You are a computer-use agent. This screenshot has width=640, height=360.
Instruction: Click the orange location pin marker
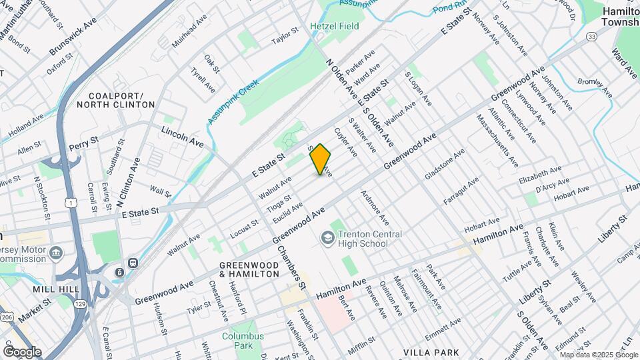[321, 159]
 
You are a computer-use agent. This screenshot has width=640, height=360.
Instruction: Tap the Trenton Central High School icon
[327, 237]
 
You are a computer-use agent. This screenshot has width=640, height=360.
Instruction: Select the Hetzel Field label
[335, 26]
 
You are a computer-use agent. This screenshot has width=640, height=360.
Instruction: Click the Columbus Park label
[239, 341]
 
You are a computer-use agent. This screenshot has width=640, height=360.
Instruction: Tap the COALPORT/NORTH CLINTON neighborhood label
[115, 100]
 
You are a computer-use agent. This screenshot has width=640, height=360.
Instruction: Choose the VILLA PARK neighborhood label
[428, 351]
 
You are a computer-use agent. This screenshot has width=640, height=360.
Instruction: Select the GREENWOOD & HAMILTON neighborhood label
[249, 269]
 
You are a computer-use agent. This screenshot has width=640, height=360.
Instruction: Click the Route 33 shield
[591, 36]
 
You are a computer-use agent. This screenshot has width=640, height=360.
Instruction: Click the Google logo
[22, 351]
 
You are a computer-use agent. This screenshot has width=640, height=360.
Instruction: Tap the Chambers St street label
[291, 267]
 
